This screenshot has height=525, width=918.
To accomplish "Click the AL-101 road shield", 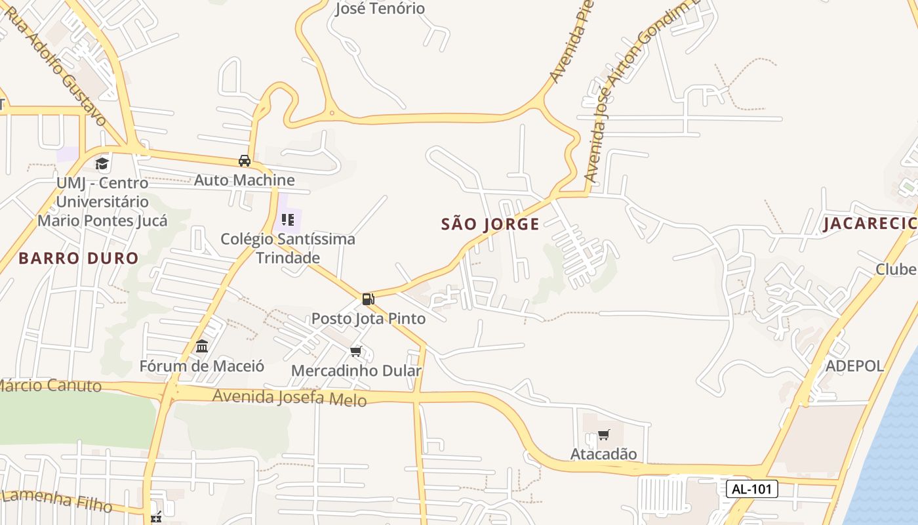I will click(751, 489).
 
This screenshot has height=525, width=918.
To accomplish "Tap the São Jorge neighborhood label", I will click(490, 224).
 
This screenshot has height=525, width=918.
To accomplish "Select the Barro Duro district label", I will click(79, 258).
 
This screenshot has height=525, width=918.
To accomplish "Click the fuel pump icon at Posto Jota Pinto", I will click(368, 299).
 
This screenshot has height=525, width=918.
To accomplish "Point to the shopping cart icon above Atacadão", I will click(604, 434).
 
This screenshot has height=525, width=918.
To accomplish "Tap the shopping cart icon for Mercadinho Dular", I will click(356, 352).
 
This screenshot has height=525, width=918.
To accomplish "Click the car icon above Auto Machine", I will click(245, 161).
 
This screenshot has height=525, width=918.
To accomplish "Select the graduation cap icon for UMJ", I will click(102, 163).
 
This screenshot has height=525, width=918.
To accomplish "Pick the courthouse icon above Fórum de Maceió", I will click(202, 346).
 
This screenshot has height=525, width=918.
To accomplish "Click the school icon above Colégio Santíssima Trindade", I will click(287, 219).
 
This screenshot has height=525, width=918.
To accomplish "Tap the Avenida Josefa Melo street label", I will click(289, 397).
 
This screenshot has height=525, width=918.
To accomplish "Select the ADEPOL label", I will click(854, 366).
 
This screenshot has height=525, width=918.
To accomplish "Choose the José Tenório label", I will click(380, 9).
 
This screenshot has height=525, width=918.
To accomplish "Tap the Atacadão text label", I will click(603, 453).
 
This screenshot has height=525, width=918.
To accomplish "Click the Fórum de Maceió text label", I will click(202, 366).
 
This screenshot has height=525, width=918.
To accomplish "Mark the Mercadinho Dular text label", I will click(356, 371).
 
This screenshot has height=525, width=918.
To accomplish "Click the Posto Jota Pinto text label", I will click(368, 318).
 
